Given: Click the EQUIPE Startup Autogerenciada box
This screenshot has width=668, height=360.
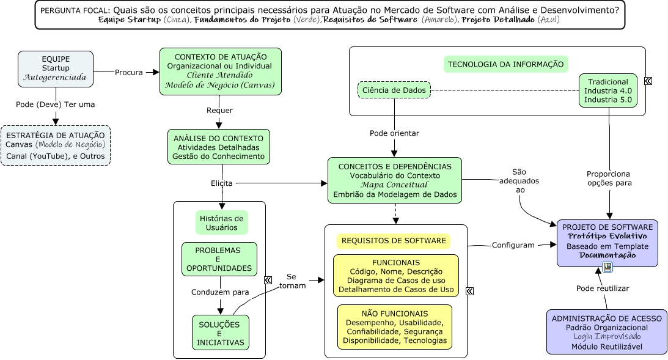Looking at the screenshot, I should [x=56, y=68].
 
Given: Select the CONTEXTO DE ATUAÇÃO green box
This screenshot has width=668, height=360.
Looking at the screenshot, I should [x=221, y=71].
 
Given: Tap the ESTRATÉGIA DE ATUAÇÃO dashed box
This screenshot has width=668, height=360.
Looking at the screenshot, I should [x=56, y=145].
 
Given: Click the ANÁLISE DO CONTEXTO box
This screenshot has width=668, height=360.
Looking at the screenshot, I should [x=218, y=147].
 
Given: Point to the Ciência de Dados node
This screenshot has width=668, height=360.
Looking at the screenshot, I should [x=394, y=90].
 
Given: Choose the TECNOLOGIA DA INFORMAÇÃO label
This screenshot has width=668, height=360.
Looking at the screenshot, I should [x=505, y=64].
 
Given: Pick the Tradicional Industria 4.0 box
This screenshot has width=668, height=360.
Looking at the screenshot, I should [x=608, y=90].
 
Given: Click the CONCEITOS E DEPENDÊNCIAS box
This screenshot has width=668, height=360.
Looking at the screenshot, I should [x=395, y=181].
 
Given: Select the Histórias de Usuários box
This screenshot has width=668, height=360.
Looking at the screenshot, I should [x=221, y=223].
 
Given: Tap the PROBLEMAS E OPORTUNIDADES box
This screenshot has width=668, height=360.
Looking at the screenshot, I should [x=219, y=259].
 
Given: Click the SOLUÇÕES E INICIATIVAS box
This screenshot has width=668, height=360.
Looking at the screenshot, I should [x=219, y=333].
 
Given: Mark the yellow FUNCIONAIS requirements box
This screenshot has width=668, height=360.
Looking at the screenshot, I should [x=396, y=276].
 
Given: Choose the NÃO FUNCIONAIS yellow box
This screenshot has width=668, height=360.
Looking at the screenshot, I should [x=395, y=327].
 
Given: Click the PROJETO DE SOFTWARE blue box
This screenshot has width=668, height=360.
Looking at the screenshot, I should [x=607, y=242].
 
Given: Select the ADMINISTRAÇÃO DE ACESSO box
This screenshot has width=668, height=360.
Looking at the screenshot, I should [x=606, y=331].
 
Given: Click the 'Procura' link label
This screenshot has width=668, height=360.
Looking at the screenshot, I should [x=129, y=72].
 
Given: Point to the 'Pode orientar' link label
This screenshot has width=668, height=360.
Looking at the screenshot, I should [x=394, y=133].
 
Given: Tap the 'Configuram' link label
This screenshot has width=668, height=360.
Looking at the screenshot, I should [x=513, y=245].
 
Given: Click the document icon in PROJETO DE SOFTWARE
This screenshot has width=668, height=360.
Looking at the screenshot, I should [x=607, y=266].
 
